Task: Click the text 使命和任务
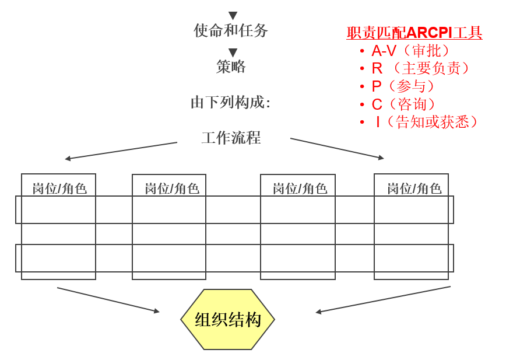[x=231, y=30]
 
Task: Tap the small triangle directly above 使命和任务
[x=233, y=16]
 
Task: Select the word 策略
[x=231, y=67]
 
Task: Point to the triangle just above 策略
[x=233, y=53]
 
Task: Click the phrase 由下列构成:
[x=231, y=102]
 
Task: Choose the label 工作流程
[x=231, y=138]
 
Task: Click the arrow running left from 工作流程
[x=121, y=151]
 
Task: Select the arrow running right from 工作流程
[x=337, y=148]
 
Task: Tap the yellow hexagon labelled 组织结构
[x=228, y=319]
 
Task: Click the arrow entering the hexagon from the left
[x=108, y=299]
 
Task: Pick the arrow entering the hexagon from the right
[x=383, y=299]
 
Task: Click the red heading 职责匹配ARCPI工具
[x=414, y=33]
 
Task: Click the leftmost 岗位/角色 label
[x=59, y=188]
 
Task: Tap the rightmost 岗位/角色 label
[x=414, y=188]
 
